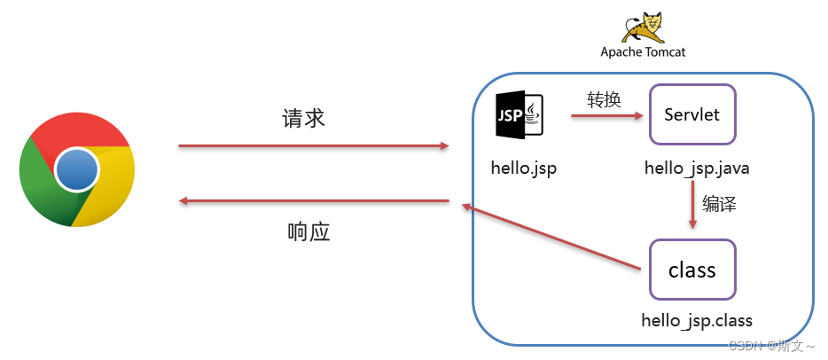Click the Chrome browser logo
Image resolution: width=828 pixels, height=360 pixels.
click(x=76, y=169)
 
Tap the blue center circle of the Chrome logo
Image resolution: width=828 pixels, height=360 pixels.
click(x=76, y=169)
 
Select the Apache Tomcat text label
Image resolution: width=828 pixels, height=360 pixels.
click(x=643, y=51)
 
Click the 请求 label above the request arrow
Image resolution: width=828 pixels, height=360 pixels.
click(x=304, y=119)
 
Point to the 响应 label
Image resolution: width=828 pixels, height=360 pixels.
click(x=309, y=232)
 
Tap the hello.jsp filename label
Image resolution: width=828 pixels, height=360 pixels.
click(x=523, y=168)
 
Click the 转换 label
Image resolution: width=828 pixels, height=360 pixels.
click(x=604, y=99)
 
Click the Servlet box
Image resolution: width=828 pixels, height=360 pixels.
click(x=691, y=114)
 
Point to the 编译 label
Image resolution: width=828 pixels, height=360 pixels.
click(x=720, y=204)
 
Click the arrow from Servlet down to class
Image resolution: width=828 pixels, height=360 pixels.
click(x=691, y=204)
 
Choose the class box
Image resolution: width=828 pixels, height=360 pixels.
click(x=691, y=269)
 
